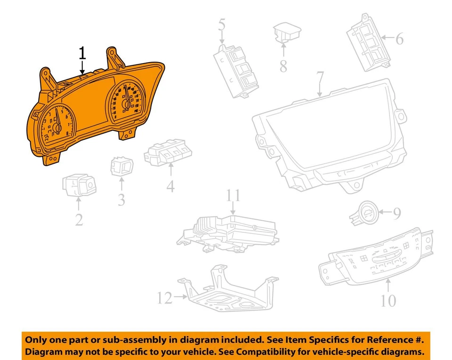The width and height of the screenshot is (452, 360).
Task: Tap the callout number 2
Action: tap(79, 219)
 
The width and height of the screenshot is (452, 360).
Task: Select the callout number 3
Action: tap(121, 200)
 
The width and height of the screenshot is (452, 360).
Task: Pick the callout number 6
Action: tap(399, 39)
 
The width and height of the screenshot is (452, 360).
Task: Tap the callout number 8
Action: tap(283, 66)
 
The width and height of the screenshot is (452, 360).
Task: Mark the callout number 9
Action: tap(396, 215)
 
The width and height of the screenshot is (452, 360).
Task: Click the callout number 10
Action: tap(388, 300)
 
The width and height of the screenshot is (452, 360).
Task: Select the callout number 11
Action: tap(233, 196)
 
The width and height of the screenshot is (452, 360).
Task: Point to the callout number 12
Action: tap(164, 298)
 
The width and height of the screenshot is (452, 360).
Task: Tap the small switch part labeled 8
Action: tap(286, 32)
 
